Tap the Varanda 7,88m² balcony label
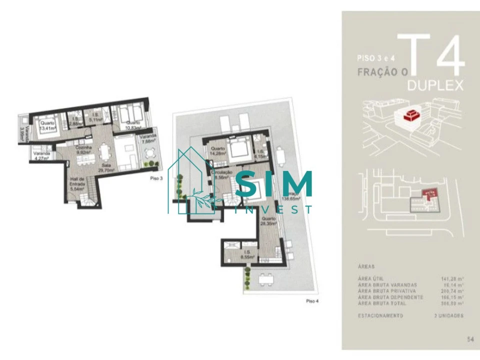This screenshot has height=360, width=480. [148, 139]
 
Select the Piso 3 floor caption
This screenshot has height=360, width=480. [156, 178]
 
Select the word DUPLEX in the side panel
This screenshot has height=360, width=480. [434, 85]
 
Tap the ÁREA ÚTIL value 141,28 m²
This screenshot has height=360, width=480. [452, 279]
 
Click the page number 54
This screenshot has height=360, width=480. [469, 339]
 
